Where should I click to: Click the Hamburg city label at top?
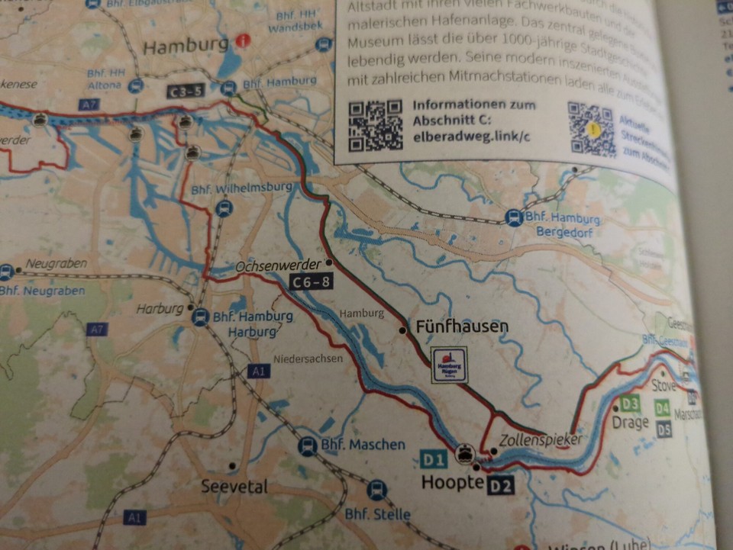pos(186,46)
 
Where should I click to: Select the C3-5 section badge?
pos(186,92)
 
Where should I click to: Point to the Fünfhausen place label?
pos(462,326)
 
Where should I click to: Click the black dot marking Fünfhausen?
pos(403,330)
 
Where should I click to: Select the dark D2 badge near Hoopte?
pos(501,484)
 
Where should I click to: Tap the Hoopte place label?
pos(453,483)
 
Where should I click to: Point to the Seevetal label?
pos(234,486)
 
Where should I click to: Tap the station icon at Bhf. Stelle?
pos(376,490)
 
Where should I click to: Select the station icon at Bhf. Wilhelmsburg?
pos(223,207)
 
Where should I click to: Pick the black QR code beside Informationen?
pos(376,124)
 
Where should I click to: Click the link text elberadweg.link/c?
pos(471,137)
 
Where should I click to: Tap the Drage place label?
pos(630,422)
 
